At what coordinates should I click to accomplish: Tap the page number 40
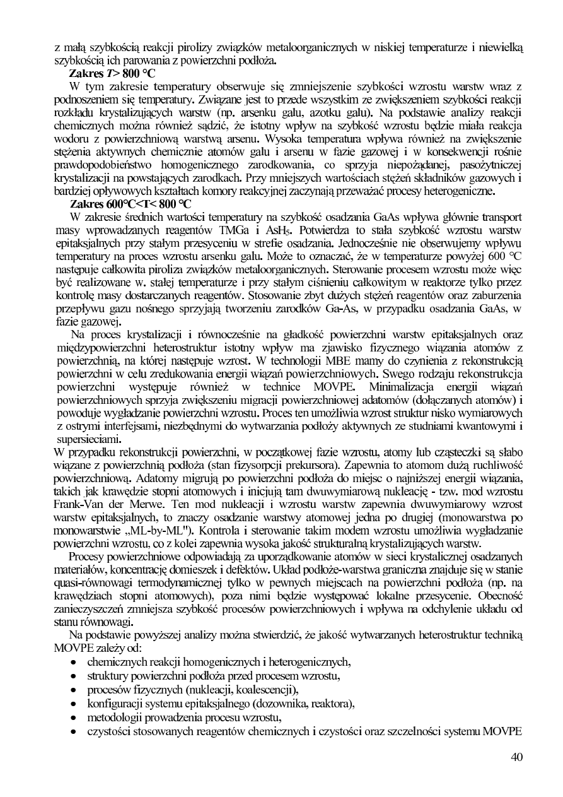[516, 757]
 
